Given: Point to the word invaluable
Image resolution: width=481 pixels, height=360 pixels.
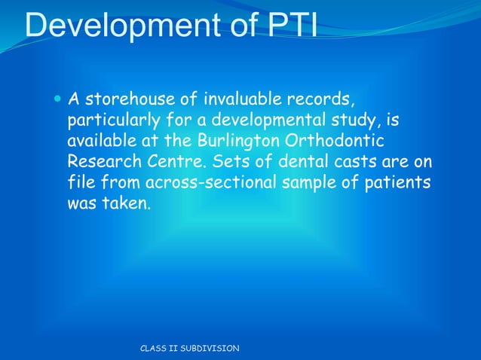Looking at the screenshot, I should (235, 99).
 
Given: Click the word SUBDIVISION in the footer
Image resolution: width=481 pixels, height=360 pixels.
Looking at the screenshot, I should (207, 348).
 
